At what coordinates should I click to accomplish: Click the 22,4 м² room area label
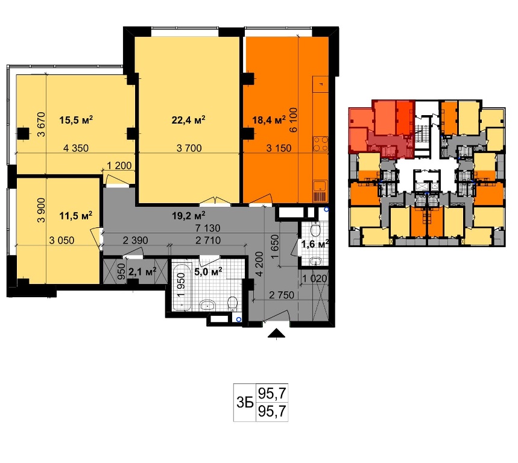[x=188, y=119]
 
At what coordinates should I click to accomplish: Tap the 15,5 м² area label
[x=76, y=119]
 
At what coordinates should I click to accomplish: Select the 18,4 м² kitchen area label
[x=269, y=119]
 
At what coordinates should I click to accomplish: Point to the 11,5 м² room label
[x=75, y=216]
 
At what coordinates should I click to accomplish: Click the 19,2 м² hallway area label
[x=189, y=216]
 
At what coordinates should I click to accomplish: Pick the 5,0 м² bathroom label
[x=208, y=272]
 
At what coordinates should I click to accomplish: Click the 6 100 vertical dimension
[x=293, y=120]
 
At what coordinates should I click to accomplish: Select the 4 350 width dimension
[x=76, y=148]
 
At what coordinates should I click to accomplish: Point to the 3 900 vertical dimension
[x=41, y=210]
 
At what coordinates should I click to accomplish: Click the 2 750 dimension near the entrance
[x=282, y=295]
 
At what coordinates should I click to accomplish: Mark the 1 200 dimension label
[x=119, y=165]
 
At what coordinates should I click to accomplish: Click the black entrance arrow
[x=277, y=334]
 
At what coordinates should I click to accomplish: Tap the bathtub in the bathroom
[x=182, y=286]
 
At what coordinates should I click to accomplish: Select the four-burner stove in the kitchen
[x=320, y=144]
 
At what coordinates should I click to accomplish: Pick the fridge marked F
[x=320, y=84]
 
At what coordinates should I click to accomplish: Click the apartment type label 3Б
[x=245, y=403]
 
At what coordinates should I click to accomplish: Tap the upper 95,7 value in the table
[x=272, y=393]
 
